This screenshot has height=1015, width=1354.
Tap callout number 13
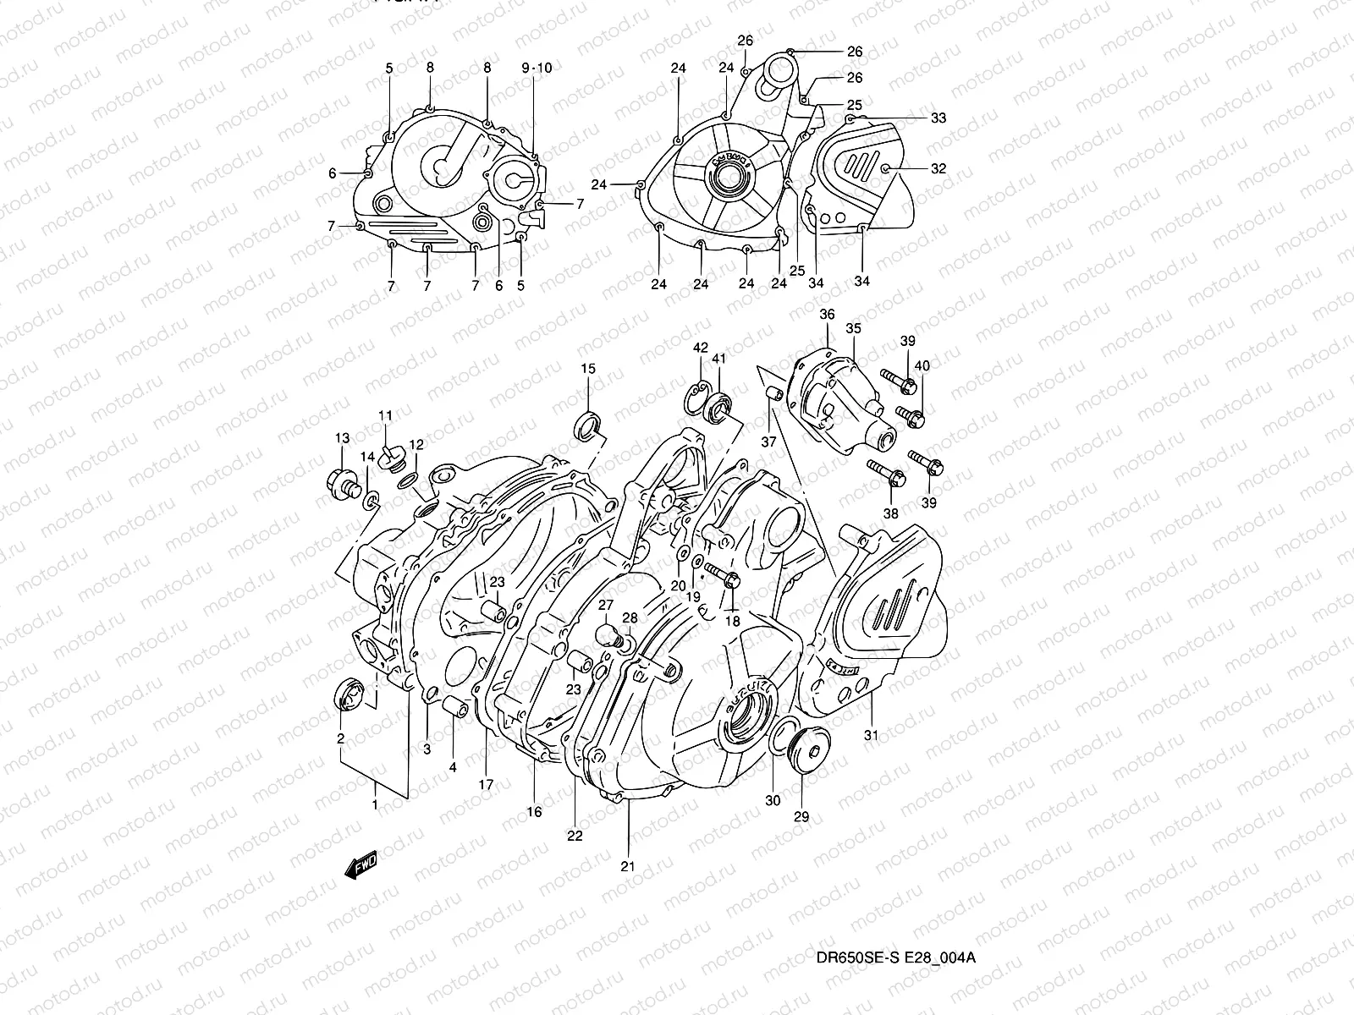[x=342, y=438]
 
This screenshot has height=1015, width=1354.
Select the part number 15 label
[x=588, y=368]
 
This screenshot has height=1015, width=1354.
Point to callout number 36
[x=827, y=315]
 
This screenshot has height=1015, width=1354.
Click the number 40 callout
[x=922, y=366]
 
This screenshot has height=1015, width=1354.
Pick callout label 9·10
[x=536, y=68]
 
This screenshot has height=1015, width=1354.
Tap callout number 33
[x=938, y=118]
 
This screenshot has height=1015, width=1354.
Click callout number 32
[x=938, y=168]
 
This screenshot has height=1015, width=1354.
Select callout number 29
[x=801, y=817]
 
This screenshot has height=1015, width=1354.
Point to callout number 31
[x=871, y=736]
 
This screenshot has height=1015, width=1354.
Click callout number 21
[x=627, y=866]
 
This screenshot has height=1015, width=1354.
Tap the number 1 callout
[x=375, y=805]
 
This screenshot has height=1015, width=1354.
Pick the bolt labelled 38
[x=885, y=474]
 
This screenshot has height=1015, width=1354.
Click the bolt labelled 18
[x=724, y=577]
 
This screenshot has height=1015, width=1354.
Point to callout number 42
[x=700, y=348]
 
